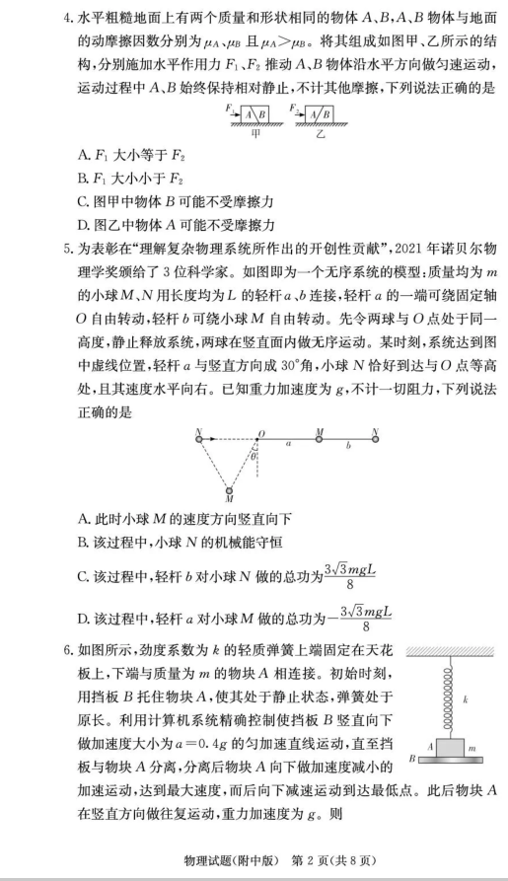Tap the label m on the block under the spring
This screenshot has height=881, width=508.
tap(470, 749)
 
